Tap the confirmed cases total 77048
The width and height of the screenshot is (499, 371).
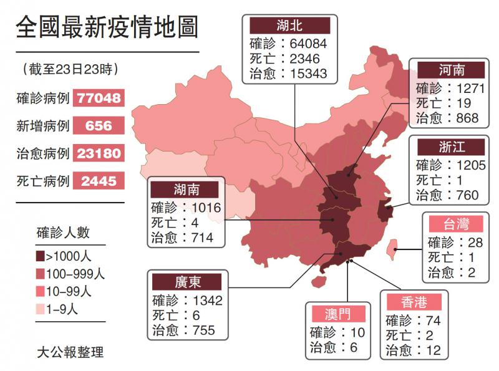pyautogui.click(x=99, y=98)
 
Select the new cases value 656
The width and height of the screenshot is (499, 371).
pyautogui.click(x=99, y=125)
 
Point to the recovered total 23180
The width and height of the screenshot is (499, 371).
pyautogui.click(x=99, y=153)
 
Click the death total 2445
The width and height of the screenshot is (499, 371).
pyautogui.click(x=99, y=181)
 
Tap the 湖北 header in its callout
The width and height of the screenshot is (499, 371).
pyautogui.click(x=289, y=26)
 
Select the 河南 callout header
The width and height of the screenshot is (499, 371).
pyautogui.click(x=451, y=69)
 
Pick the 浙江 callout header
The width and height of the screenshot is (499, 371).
pyautogui.click(x=451, y=147)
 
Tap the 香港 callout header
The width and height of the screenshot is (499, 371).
pyautogui.click(x=414, y=302)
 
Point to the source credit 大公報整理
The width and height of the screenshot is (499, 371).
pyautogui.click(x=70, y=352)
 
